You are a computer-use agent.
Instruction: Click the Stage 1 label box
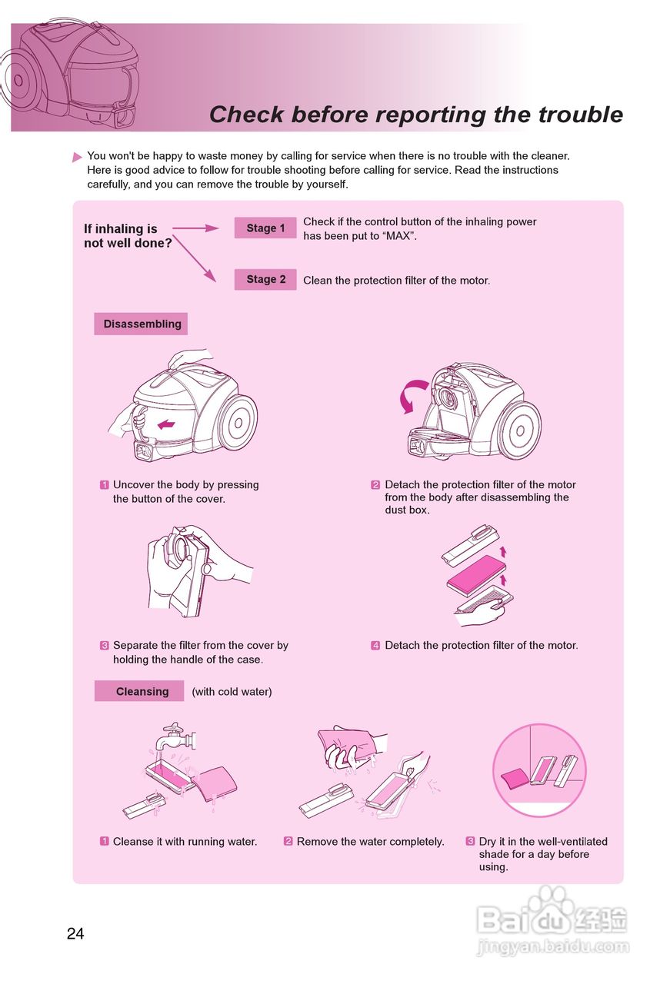(x=265, y=228)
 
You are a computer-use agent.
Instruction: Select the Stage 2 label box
(x=265, y=279)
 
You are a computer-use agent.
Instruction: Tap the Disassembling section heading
(x=141, y=324)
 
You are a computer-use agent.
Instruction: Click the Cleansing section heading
(x=139, y=691)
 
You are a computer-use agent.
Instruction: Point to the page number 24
(x=75, y=933)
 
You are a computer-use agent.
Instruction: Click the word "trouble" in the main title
(x=580, y=115)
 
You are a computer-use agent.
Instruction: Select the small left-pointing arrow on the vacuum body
(x=166, y=424)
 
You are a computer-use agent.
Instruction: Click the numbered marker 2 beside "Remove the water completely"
(x=288, y=841)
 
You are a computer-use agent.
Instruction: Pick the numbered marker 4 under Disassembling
(x=375, y=645)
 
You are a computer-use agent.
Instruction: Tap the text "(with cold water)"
(x=232, y=691)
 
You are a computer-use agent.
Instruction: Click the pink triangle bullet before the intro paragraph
(x=77, y=157)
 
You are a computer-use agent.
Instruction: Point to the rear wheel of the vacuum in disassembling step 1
(x=238, y=422)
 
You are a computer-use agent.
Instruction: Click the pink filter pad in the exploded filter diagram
(x=476, y=573)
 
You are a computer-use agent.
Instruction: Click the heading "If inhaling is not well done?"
(x=128, y=235)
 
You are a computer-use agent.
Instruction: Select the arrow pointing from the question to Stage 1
(x=195, y=228)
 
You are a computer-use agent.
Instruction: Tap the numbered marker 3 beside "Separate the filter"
(x=104, y=645)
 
